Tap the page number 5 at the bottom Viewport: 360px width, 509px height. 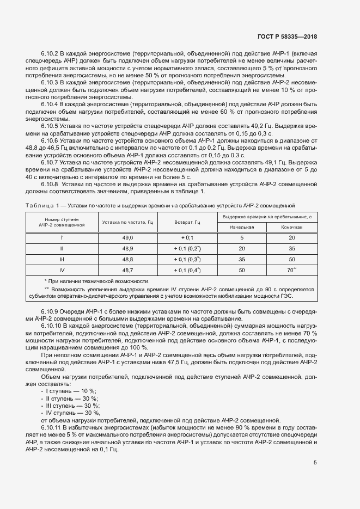point(315,463)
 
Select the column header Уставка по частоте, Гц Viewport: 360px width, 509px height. point(127,223)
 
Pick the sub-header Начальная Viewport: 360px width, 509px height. point(241,227)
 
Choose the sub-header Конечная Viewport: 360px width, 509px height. point(292,227)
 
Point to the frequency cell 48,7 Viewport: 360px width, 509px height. point(127,269)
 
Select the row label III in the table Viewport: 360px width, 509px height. point(62,259)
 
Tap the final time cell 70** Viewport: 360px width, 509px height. point(292,269)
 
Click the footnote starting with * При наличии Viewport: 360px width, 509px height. point(96,280)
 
